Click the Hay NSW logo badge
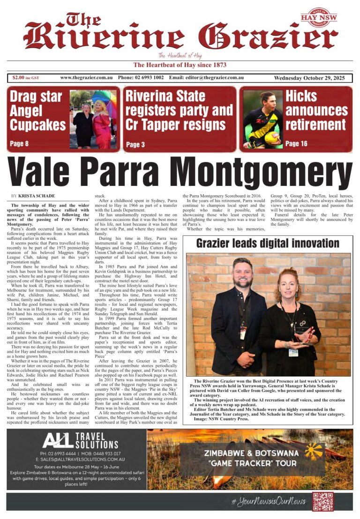coord(318,17)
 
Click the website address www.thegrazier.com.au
coord(87,77)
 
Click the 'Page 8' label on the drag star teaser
coord(19,143)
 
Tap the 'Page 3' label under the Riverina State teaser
coord(135,144)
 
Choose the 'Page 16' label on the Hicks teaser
coord(296,143)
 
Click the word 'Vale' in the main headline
coord(53,172)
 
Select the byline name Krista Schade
coord(37,195)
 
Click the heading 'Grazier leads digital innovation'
coord(267,243)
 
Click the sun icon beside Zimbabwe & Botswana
coord(314,452)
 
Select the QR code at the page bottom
coord(322,501)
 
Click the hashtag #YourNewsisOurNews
coord(268,501)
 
